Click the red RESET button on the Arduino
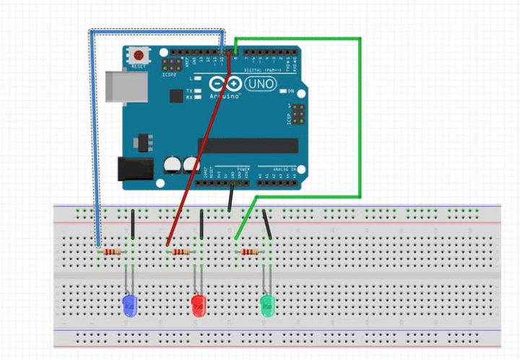pos(138,55)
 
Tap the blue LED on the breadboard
pos(129,304)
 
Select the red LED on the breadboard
pos(198,304)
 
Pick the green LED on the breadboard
pos(267,304)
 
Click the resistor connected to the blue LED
pos(112,252)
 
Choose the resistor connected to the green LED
pos(250,252)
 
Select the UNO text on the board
pos(261,84)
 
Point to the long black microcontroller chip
pos(248,145)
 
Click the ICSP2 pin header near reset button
pos(170,66)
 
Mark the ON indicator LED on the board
pos(282,91)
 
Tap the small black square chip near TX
pos(175,95)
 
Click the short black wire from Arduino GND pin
pos(230,197)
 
